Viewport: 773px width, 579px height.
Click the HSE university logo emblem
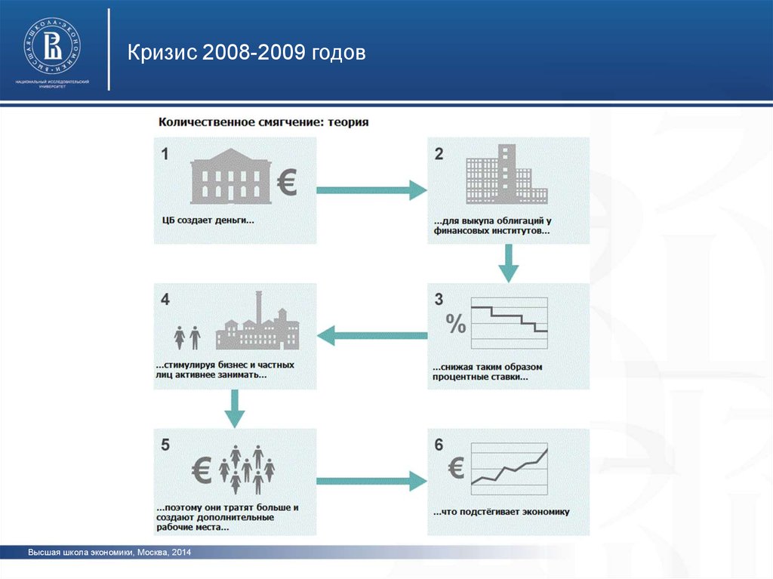[x=53, y=44]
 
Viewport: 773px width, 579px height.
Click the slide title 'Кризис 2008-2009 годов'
[x=246, y=54]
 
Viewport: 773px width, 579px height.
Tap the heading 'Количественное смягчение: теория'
[x=263, y=122]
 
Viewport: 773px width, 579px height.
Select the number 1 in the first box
[x=165, y=154]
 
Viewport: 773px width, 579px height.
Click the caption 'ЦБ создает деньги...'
[x=208, y=220]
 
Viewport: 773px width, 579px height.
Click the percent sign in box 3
[x=455, y=324]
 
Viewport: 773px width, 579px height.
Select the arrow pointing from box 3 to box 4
[x=371, y=335]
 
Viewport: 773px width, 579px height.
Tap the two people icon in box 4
[x=187, y=336]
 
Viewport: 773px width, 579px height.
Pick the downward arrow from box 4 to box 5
[x=236, y=408]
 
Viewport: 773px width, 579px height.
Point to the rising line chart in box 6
[x=509, y=467]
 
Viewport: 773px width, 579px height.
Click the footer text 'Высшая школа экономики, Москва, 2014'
[x=109, y=554]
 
